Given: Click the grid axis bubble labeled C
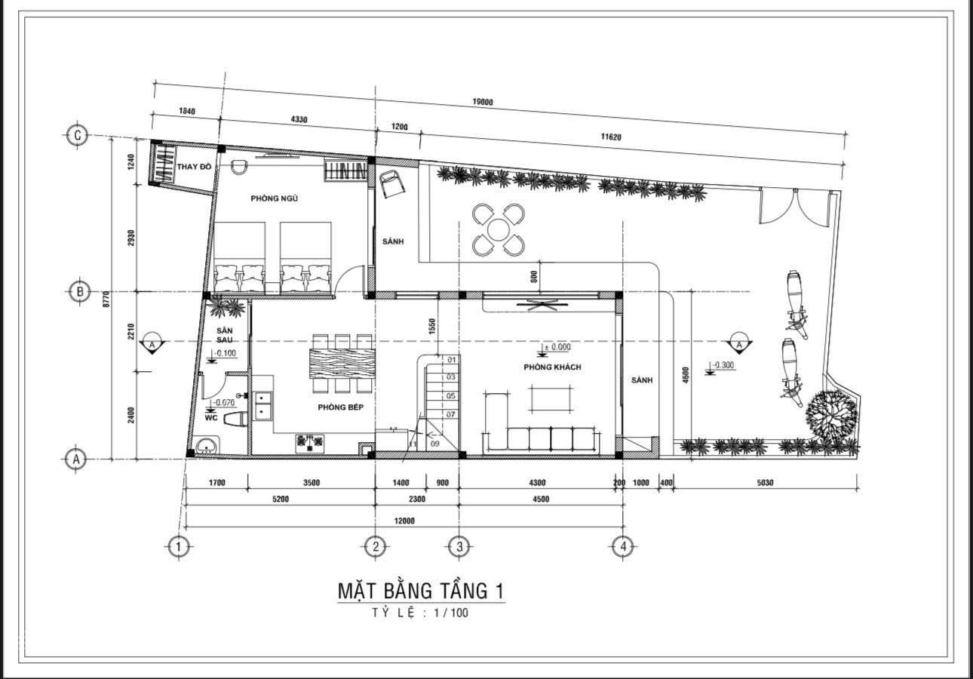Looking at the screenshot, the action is pos(78,136).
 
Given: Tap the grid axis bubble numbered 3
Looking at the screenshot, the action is pos(459,546).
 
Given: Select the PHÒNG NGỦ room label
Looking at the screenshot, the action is pos(274,198).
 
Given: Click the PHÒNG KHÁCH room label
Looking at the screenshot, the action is pos(552,367).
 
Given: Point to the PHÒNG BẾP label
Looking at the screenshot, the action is pos(341,407).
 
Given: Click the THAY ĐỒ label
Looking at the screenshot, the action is pos(194,167).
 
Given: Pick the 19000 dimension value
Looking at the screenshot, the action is pos(483,102).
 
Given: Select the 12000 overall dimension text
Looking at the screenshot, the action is pos(404,521).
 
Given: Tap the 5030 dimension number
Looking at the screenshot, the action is pos(765,483).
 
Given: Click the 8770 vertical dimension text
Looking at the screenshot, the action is pos(107,299).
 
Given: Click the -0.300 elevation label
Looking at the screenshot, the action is pos(722,365).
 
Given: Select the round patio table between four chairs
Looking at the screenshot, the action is pos(499,230).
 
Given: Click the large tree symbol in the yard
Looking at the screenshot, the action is pos(832,416).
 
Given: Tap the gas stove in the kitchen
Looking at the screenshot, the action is pos(309,443).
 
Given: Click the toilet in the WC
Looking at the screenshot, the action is pos(235,419).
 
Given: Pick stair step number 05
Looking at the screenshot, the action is pos(451,396).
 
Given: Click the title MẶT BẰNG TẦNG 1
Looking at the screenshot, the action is pos(421,591).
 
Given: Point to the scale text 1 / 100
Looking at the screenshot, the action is pos(451,613).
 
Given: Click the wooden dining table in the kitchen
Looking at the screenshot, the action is pos(342,363).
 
